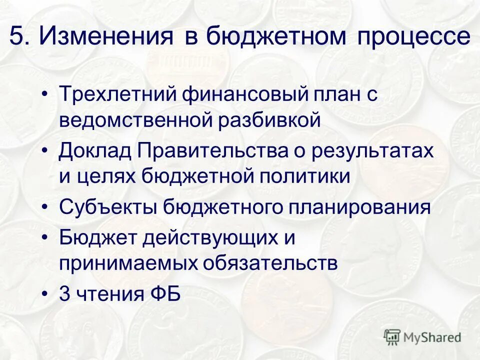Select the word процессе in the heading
(413, 37)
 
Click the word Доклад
(94, 150)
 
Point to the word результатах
(372, 150)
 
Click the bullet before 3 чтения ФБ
(46, 294)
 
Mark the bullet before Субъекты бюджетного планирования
(46, 207)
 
